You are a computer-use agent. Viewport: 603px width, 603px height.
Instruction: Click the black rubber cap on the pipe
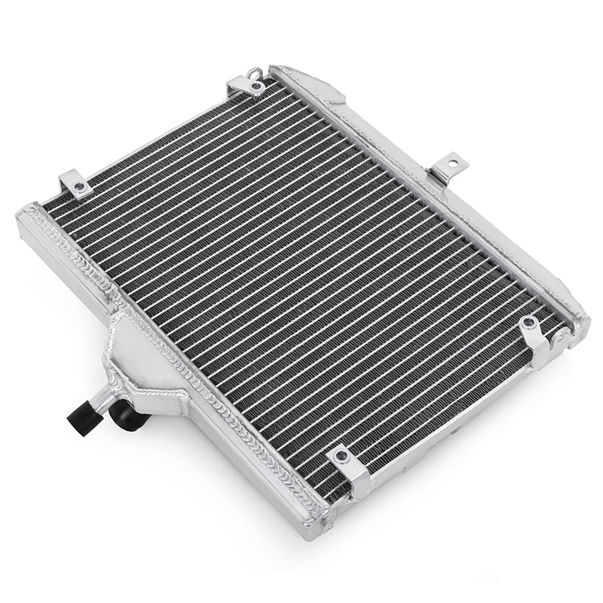coord(81,418)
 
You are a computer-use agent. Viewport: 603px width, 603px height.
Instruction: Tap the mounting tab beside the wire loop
coord(244,84)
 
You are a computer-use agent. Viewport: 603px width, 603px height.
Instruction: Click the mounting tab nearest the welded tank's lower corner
coord(347,466)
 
